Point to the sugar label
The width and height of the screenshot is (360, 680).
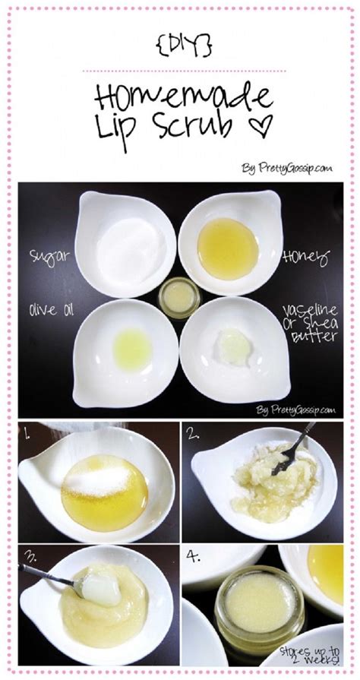click(49, 256)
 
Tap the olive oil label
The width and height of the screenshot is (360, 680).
click(51, 310)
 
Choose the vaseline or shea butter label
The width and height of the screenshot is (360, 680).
click(310, 323)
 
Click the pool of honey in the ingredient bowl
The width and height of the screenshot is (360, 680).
click(228, 248)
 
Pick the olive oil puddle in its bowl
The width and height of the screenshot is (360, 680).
click(132, 349)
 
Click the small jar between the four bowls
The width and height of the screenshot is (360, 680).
click(179, 298)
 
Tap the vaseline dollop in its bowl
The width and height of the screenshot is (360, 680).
click(234, 347)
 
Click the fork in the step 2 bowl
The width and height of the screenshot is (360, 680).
click(293, 448)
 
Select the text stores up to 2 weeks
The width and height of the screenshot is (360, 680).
click(309, 656)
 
